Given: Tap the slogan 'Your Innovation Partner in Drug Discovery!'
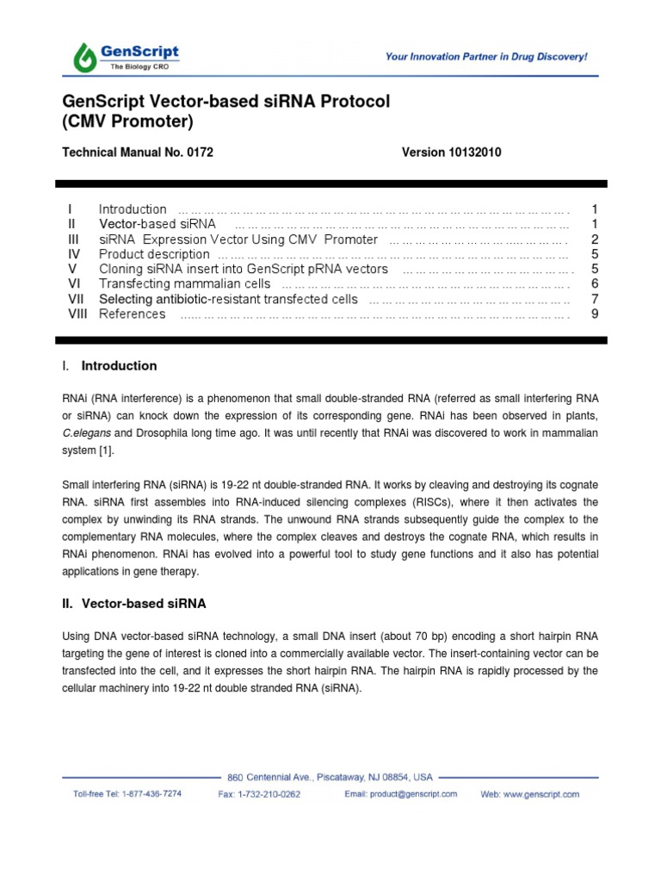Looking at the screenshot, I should pos(486,57).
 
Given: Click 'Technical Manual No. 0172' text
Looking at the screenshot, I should pos(138,152).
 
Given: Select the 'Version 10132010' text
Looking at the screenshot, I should pos(451,152).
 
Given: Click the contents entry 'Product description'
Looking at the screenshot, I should pos(154,254).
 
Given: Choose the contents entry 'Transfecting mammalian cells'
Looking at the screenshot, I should pos(184,284).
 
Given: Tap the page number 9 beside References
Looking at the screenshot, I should pos(594,314).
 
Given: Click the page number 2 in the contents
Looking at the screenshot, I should pos(594,239).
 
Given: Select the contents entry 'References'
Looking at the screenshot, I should pos(132,314).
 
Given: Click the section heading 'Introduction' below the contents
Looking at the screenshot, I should pos(119,366).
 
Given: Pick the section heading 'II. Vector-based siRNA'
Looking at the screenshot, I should pos(134,604).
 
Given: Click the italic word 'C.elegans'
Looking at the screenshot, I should pos(87,432).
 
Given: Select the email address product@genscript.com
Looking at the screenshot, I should pos(413,794).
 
